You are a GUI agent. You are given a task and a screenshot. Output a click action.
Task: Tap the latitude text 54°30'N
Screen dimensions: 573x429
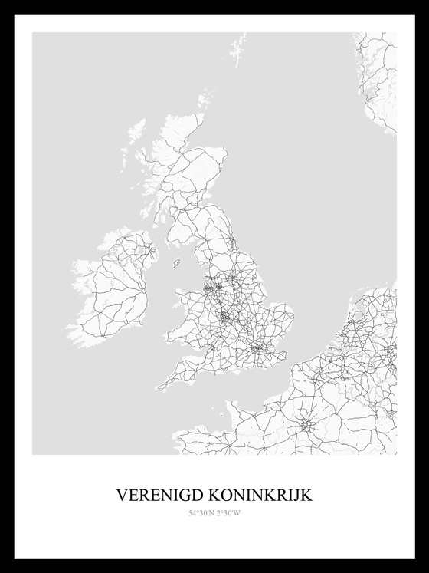[201, 513]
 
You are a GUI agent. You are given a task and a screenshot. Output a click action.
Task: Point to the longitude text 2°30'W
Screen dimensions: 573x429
[228, 513]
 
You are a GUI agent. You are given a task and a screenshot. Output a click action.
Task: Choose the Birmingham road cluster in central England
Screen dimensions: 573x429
[225, 314]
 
